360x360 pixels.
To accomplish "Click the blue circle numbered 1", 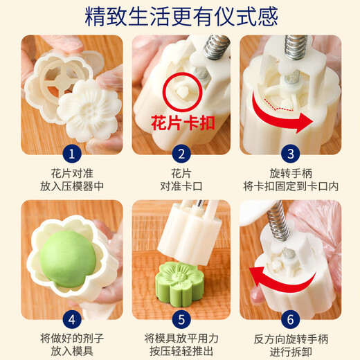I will [72, 154].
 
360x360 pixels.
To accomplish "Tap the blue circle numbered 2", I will [180, 154].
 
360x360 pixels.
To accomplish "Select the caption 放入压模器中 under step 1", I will [72, 186].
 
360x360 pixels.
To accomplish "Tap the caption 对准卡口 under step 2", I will [180, 186].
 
